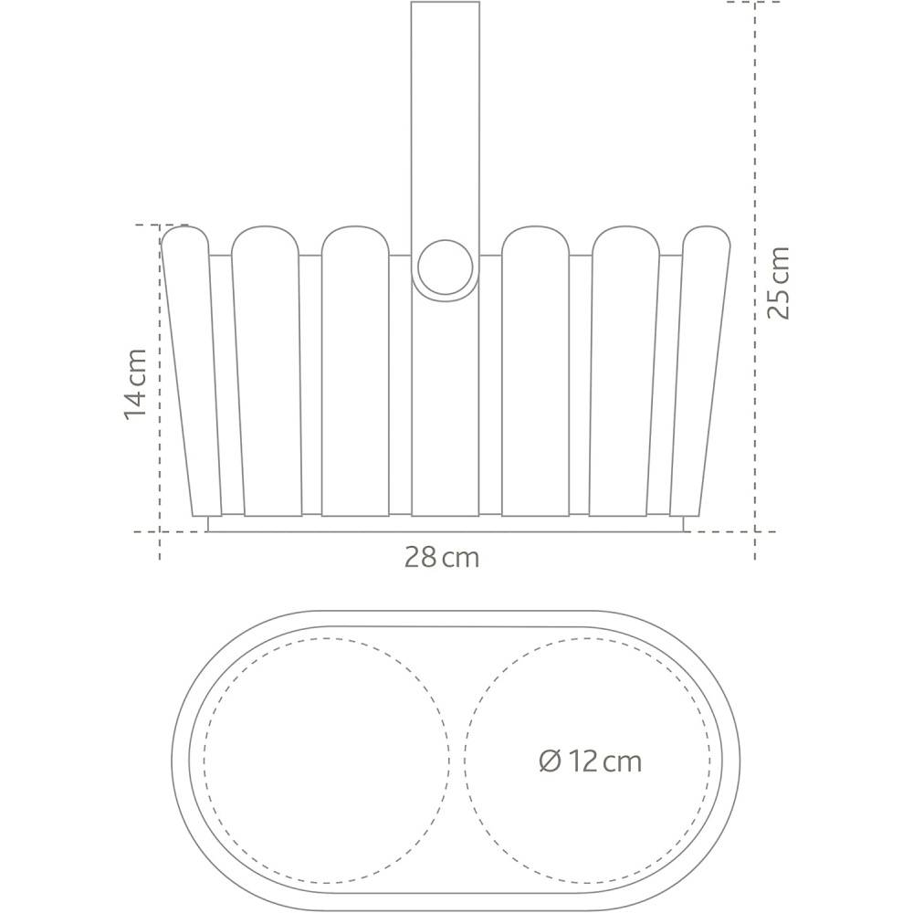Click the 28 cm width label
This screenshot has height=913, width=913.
click(442, 558)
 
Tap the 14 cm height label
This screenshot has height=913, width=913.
click(134, 383)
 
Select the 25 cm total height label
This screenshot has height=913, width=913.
click(778, 283)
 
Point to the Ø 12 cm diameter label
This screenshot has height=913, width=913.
click(591, 761)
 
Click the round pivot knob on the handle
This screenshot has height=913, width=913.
click(446, 267)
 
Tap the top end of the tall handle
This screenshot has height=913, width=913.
click(446, 3)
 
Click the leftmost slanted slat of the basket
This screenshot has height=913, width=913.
click(192, 371)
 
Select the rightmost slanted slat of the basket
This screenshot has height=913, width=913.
click(700, 371)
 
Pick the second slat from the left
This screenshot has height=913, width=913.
click(267, 371)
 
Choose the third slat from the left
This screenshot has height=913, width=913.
click(355, 371)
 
